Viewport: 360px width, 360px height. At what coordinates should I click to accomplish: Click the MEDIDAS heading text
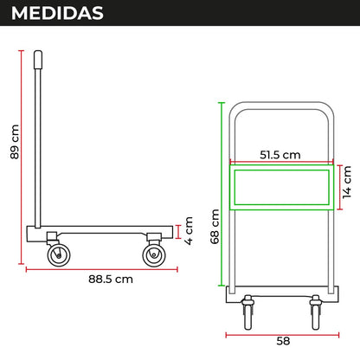point(57,13)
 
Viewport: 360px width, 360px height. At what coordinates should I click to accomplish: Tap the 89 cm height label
point(15,142)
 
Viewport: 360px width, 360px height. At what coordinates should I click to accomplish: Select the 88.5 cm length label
point(111,280)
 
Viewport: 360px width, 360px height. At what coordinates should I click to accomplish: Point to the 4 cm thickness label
point(189,231)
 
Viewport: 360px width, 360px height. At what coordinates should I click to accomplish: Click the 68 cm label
point(215,227)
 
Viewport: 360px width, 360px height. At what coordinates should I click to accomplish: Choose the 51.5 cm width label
point(280,155)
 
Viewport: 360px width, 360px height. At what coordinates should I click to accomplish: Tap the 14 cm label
point(347,183)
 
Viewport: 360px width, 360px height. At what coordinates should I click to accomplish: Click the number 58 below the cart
point(283,341)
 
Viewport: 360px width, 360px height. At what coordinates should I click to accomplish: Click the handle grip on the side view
point(38,60)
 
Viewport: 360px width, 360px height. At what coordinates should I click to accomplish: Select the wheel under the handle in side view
point(59,255)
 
